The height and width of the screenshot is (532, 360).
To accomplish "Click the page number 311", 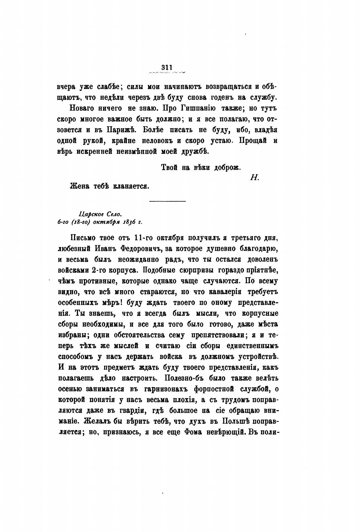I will pos(166,67).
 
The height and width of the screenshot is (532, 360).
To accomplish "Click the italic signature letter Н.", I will pos(255,177).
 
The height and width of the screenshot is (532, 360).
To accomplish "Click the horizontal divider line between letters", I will pos(167,201).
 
